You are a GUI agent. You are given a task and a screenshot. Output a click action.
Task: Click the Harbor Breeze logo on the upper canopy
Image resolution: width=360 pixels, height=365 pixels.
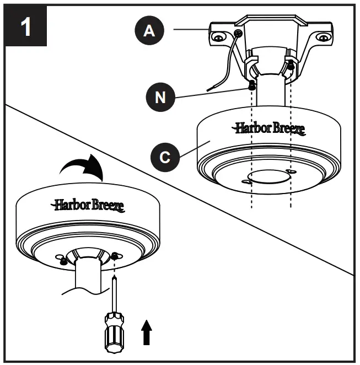[268, 129]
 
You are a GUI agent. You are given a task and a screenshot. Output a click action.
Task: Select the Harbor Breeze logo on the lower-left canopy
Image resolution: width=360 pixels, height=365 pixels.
[88, 205]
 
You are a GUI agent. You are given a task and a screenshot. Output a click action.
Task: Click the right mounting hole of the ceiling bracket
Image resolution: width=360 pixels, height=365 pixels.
[322, 38]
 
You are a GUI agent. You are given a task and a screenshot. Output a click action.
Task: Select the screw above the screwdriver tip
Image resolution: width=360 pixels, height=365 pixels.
[114, 255]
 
